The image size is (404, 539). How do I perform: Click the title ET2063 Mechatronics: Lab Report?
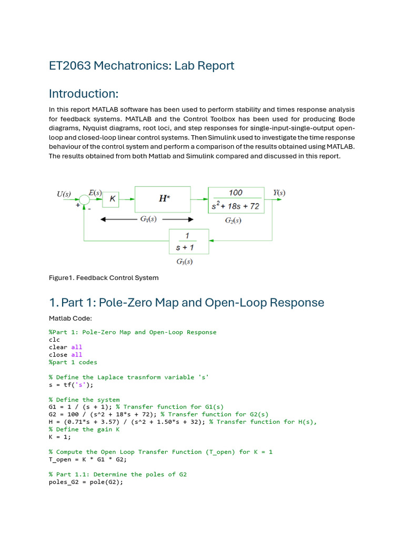click(x=142, y=66)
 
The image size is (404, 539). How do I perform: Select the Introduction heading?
click(x=84, y=94)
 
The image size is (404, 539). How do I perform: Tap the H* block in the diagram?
click(x=163, y=199)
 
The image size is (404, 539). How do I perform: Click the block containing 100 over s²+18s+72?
click(x=235, y=199)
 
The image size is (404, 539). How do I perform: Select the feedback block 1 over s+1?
click(x=188, y=241)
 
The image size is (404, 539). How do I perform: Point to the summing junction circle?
click(x=84, y=199)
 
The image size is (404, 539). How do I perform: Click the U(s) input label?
click(x=64, y=194)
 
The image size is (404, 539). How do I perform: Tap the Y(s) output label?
click(x=279, y=193)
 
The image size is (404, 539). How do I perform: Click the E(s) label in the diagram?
click(x=95, y=193)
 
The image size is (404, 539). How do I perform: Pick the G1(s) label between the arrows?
click(x=148, y=219)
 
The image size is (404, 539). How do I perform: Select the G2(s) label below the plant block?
click(x=233, y=220)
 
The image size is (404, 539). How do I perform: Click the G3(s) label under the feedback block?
click(x=188, y=261)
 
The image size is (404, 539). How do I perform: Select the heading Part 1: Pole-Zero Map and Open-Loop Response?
click(x=187, y=303)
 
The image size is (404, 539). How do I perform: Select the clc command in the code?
click(x=54, y=340)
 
